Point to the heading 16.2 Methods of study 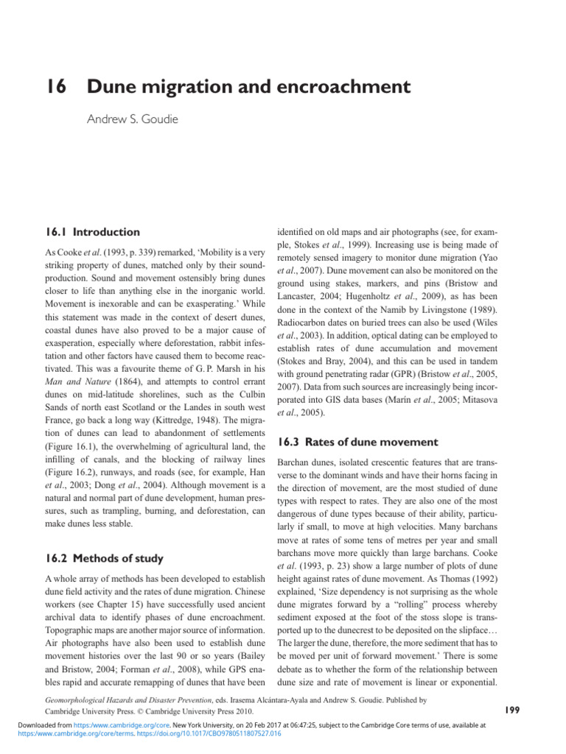103,557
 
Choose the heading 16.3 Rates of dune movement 357,442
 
